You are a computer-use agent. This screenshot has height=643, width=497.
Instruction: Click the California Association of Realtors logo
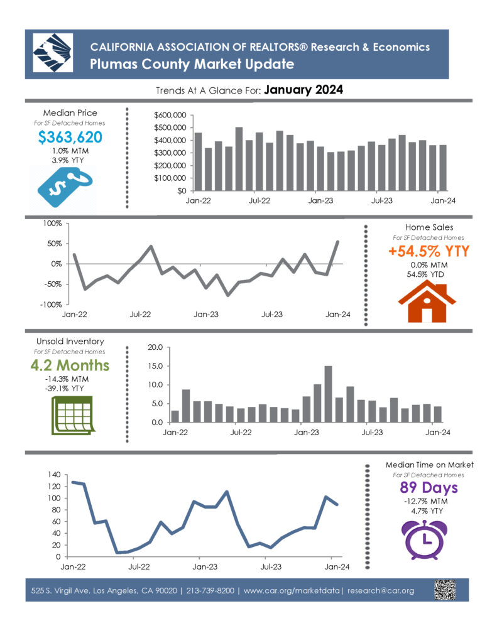(x=53, y=53)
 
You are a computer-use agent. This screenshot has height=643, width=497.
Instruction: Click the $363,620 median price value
(x=70, y=137)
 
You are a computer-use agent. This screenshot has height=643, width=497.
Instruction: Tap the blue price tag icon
(x=65, y=186)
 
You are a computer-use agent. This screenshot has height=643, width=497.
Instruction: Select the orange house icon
(x=427, y=301)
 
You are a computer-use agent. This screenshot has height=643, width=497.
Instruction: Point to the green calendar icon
(x=73, y=416)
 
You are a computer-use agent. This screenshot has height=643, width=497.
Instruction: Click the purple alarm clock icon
(x=424, y=539)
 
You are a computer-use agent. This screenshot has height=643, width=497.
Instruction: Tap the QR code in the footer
(x=445, y=590)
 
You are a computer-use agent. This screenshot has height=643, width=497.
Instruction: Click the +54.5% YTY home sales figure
(x=429, y=251)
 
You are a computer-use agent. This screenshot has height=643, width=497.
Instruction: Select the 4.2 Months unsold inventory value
(x=70, y=365)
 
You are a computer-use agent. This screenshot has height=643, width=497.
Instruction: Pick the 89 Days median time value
(x=429, y=487)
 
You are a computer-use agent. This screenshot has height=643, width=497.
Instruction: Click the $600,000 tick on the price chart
(x=170, y=116)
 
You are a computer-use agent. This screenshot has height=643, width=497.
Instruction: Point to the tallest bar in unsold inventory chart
(x=328, y=394)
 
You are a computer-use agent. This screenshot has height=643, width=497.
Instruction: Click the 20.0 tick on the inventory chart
(x=155, y=347)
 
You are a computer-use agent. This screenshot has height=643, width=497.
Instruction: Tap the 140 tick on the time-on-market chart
(x=54, y=475)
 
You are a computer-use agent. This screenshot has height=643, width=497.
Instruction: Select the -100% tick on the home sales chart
(x=51, y=305)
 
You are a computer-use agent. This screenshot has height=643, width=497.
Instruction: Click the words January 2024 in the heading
(x=303, y=90)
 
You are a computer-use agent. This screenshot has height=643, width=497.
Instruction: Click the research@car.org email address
(x=380, y=590)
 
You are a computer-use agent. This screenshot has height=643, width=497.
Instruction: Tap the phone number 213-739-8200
(x=210, y=590)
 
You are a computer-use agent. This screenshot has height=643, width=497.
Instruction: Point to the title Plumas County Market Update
(x=192, y=65)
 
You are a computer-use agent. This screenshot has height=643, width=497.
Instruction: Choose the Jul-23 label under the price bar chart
(x=381, y=200)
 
